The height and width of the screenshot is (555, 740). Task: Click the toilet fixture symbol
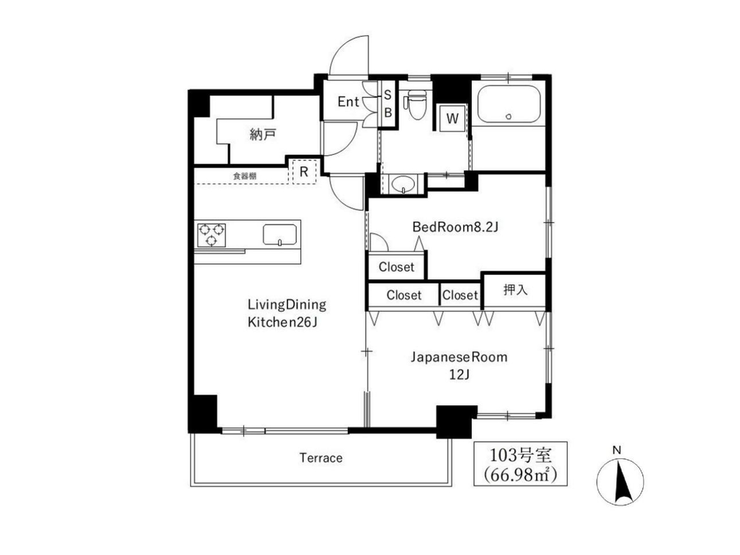(x=416, y=104)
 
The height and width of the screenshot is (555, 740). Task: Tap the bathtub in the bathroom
(x=509, y=104)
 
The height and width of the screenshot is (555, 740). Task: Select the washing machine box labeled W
(x=452, y=118)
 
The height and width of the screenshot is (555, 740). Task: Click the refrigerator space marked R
(x=304, y=172)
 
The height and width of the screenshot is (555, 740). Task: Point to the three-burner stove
(x=212, y=234)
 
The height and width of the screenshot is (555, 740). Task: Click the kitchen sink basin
(x=279, y=234)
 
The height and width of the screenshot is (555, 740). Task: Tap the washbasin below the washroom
(x=403, y=184)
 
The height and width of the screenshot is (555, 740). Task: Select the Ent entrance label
(x=348, y=102)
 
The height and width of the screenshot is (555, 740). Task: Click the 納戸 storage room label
(x=263, y=134)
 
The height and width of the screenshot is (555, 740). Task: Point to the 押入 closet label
(x=515, y=289)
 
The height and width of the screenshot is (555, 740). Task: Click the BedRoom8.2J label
(x=455, y=227)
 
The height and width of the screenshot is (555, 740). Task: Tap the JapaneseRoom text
(x=459, y=357)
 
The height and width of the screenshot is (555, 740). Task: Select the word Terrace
(x=321, y=458)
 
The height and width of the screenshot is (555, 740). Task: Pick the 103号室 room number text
(x=520, y=456)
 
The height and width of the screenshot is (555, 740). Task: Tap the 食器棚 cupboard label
(x=245, y=176)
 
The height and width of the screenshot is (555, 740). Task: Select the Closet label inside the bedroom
(x=396, y=267)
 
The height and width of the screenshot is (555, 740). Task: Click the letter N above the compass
(x=617, y=450)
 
